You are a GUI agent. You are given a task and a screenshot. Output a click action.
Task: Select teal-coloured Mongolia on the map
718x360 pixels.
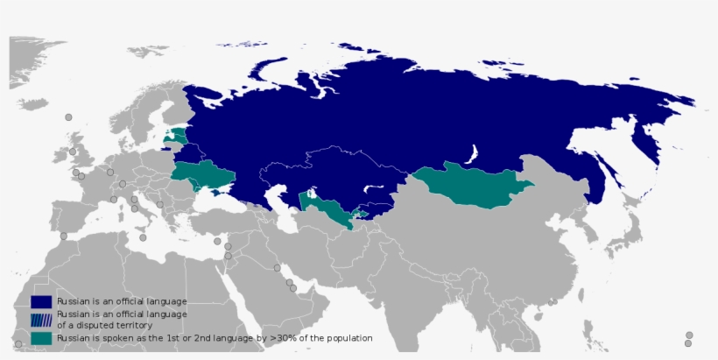[473, 184]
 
